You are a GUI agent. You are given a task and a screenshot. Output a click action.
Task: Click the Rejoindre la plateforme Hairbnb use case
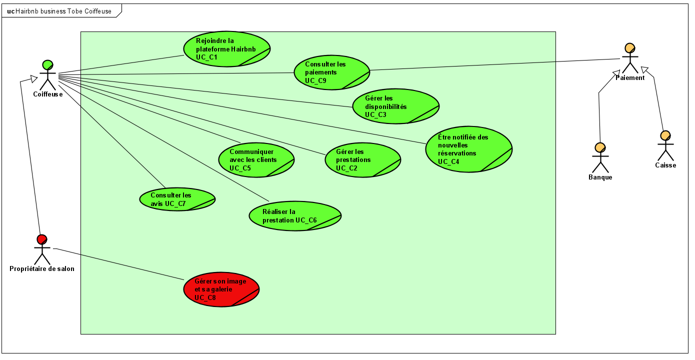(226, 49)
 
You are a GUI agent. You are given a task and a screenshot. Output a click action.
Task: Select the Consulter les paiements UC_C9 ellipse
(331, 72)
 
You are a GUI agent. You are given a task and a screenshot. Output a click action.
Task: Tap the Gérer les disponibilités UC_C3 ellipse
(395, 106)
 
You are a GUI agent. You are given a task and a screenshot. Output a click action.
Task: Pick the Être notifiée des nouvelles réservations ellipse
(468, 149)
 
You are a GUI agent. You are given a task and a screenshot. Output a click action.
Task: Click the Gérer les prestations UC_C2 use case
(362, 160)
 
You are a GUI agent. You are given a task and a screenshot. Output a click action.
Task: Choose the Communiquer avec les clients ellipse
(256, 160)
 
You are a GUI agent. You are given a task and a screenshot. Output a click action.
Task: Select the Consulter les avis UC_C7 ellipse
(177, 199)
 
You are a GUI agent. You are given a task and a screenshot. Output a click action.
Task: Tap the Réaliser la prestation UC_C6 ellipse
(295, 216)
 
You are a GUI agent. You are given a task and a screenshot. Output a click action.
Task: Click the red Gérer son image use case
(221, 290)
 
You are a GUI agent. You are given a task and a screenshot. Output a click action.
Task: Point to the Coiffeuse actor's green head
(47, 65)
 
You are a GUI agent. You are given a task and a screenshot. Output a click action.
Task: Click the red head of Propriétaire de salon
(42, 239)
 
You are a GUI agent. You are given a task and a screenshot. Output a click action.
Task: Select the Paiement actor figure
(629, 59)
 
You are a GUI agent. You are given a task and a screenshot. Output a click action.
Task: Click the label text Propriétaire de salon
(42, 269)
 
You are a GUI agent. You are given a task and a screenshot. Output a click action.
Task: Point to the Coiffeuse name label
(48, 94)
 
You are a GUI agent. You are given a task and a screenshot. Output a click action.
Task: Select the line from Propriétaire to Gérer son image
(120, 264)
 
